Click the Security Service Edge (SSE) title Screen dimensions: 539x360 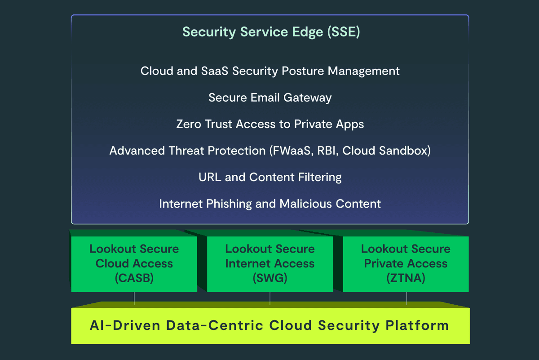[271, 32]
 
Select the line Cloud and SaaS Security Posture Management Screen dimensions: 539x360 [270, 71]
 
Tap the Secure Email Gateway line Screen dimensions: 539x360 [270, 98]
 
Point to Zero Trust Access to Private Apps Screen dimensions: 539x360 [270, 124]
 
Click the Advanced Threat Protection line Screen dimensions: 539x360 [270, 151]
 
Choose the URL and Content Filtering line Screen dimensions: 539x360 [270, 177]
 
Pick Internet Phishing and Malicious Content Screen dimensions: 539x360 [270, 204]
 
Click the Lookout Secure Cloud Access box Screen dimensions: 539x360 [134, 264]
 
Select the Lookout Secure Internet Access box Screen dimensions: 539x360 [270, 264]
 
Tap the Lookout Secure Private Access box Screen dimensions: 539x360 [406, 264]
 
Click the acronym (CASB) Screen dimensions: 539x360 [134, 278]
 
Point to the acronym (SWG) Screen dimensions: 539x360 [270, 278]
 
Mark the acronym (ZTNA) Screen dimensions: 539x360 [406, 278]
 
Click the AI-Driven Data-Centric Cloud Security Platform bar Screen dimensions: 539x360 [270, 326]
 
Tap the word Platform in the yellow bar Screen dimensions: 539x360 [417, 325]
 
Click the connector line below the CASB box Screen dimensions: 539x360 [134, 298]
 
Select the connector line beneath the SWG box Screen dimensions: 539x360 [270, 298]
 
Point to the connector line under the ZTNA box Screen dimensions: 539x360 [406, 298]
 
